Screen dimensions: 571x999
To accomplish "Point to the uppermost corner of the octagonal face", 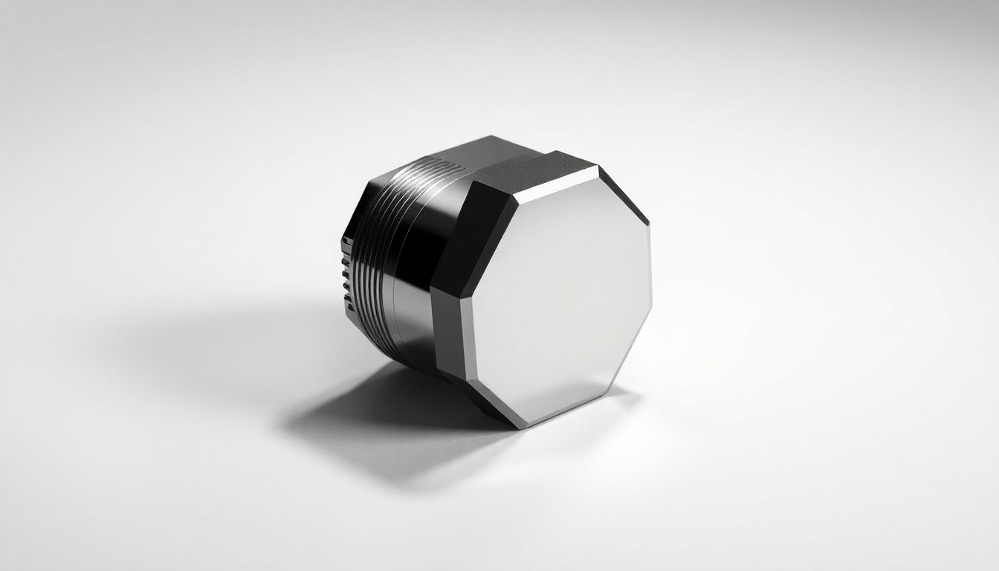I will (x=597, y=167).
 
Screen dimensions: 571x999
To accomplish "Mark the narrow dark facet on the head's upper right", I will (x=623, y=195).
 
